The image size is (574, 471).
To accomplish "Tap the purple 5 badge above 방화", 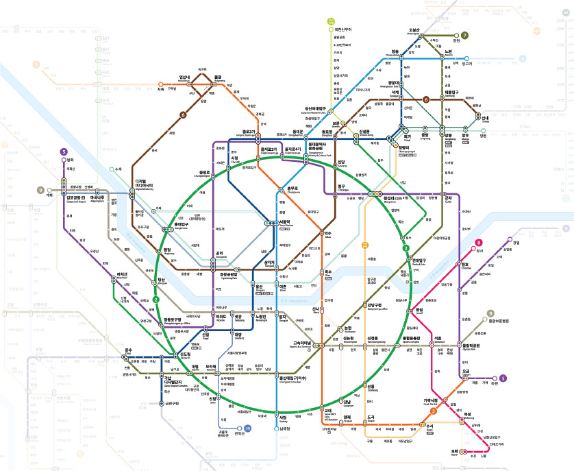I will point(64,152).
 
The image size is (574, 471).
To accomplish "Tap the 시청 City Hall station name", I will point(234,158).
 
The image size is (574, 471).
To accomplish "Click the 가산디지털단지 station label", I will point(171,381).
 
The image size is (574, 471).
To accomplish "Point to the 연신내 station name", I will point(184,77).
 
